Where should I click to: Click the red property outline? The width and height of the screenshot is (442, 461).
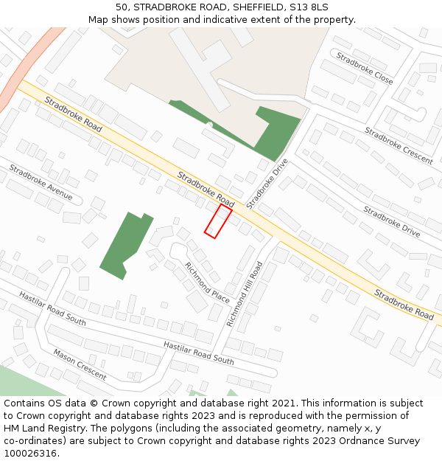[218, 221]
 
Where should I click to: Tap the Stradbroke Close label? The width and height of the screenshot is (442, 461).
[365, 68]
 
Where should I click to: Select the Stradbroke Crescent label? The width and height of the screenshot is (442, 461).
[399, 145]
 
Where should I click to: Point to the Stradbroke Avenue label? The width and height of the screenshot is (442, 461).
[41, 182]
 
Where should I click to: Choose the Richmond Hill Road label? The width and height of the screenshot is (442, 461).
[245, 294]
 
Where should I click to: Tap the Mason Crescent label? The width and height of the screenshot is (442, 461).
[80, 364]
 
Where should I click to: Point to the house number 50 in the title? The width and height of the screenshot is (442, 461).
[122, 7]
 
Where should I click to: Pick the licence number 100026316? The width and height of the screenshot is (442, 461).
[29, 454]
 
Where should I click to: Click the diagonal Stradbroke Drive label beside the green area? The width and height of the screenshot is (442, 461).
[267, 183]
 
